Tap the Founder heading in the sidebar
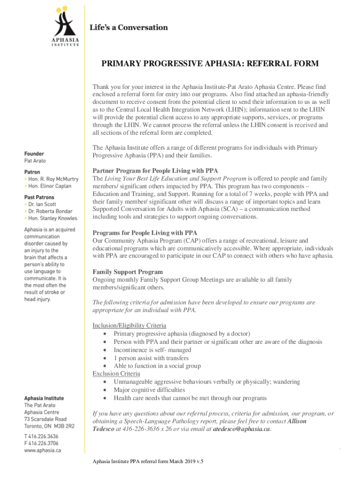pyautogui.click(x=35, y=153)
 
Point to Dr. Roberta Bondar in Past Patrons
pyautogui.click(x=52, y=211)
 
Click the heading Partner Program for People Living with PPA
pyautogui.click(x=155, y=170)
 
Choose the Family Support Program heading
pyautogui.click(x=128, y=272)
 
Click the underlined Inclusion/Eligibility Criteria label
pyautogui.click(x=130, y=325)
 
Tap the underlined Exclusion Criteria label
pyautogui.click(x=116, y=373)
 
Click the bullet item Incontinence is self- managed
pyautogui.click(x=152, y=350)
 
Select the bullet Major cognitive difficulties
pyautogui.click(x=150, y=390)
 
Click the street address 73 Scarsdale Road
pyautogui.click(x=45, y=420)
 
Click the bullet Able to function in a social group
pyautogui.click(x=157, y=366)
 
